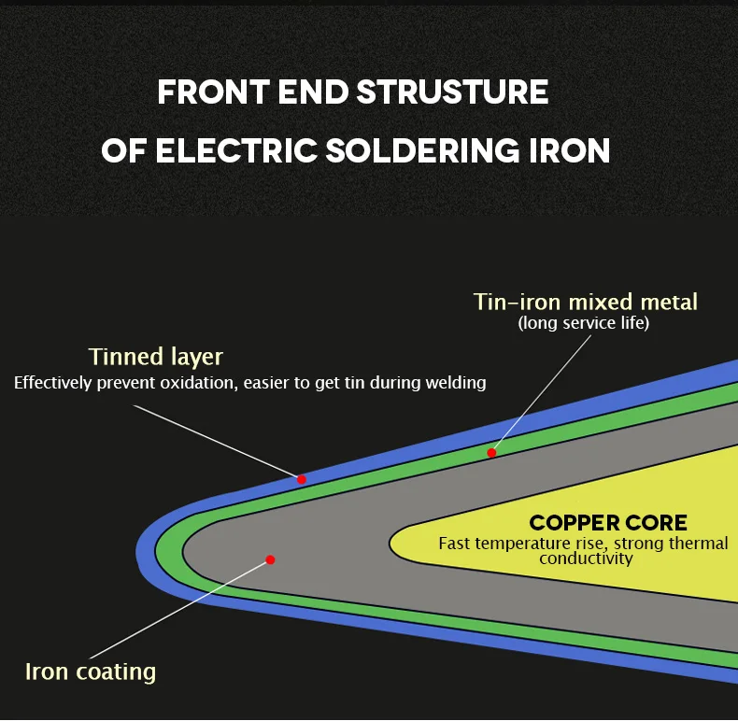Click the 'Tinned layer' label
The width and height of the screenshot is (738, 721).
156,357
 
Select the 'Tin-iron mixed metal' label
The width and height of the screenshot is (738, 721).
586,302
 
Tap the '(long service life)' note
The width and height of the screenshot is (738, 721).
584,323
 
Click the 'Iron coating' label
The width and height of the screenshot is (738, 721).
91,671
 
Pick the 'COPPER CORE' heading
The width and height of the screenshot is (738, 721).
608,523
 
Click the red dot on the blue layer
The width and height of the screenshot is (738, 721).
302,479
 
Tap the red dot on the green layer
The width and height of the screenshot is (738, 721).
491,453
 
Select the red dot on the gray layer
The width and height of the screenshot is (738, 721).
270,560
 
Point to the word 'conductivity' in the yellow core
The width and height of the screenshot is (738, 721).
586,558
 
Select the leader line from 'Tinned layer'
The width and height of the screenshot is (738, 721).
215,442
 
